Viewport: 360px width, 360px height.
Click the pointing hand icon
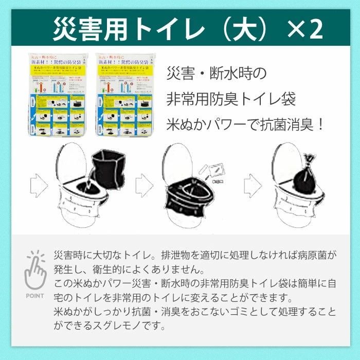34,271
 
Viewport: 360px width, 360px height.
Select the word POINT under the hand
34,296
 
